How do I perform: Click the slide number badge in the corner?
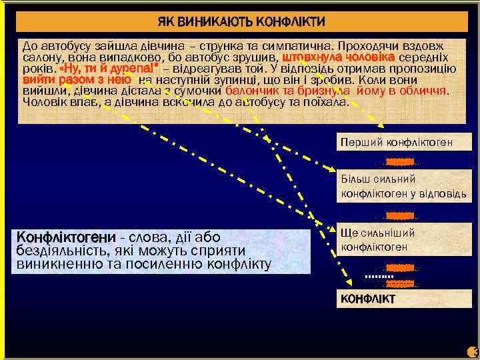(473, 352)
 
